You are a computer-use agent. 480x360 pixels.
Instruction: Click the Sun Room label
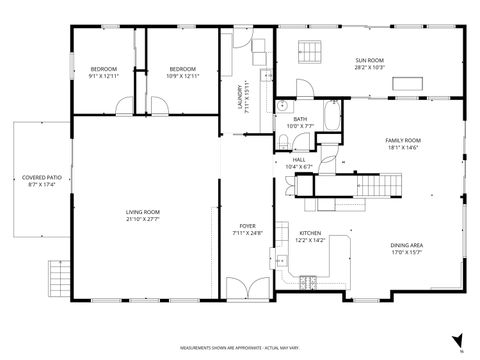pyautogui.click(x=369, y=62)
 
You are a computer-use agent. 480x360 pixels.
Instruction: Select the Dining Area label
pyautogui.click(x=405, y=245)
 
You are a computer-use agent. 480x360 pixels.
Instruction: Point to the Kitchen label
pyautogui.click(x=313, y=233)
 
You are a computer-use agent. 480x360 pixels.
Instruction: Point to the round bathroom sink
pyautogui.click(x=284, y=105)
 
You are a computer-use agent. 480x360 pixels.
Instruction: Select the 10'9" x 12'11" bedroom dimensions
pyautogui.click(x=182, y=76)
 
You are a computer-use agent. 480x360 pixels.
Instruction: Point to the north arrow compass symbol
pyautogui.click(x=457, y=340)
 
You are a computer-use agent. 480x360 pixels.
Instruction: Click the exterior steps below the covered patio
pyautogui.click(x=59, y=272)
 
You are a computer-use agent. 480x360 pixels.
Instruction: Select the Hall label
pyautogui.click(x=299, y=159)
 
